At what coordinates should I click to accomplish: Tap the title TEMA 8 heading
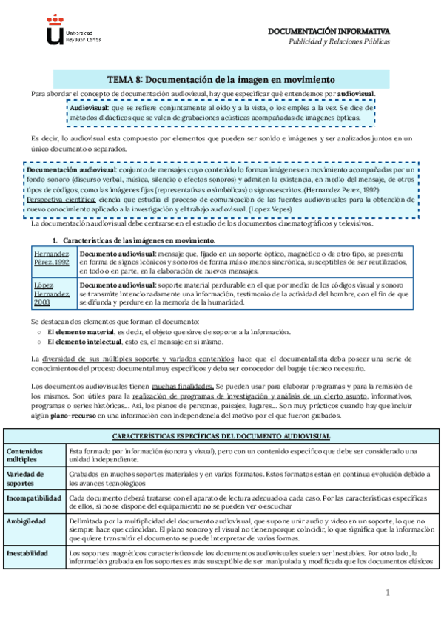(x=221, y=79)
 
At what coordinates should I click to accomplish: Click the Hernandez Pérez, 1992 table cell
(x=53, y=258)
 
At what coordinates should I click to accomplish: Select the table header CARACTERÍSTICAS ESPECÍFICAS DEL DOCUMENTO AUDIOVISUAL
(x=221, y=436)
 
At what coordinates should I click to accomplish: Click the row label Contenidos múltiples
(x=29, y=455)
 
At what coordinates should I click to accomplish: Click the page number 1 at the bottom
(x=386, y=593)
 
